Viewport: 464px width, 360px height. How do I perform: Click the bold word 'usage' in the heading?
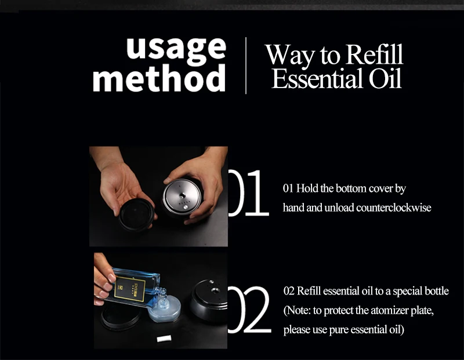coord(176,49)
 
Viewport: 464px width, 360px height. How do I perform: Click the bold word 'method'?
coord(159,78)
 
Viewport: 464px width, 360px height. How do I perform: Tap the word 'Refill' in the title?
coord(374,54)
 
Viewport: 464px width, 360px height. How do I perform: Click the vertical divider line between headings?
coord(246,66)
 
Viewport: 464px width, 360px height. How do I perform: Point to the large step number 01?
coord(248,193)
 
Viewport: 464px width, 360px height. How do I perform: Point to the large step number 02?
coord(249,310)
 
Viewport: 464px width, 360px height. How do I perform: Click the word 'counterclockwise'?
coord(394,208)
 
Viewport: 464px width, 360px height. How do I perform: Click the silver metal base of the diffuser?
coord(183,197)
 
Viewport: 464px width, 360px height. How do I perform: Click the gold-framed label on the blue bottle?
coord(130,289)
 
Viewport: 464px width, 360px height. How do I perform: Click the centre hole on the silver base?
coord(182,195)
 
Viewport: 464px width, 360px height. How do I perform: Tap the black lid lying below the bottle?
coord(121,316)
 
